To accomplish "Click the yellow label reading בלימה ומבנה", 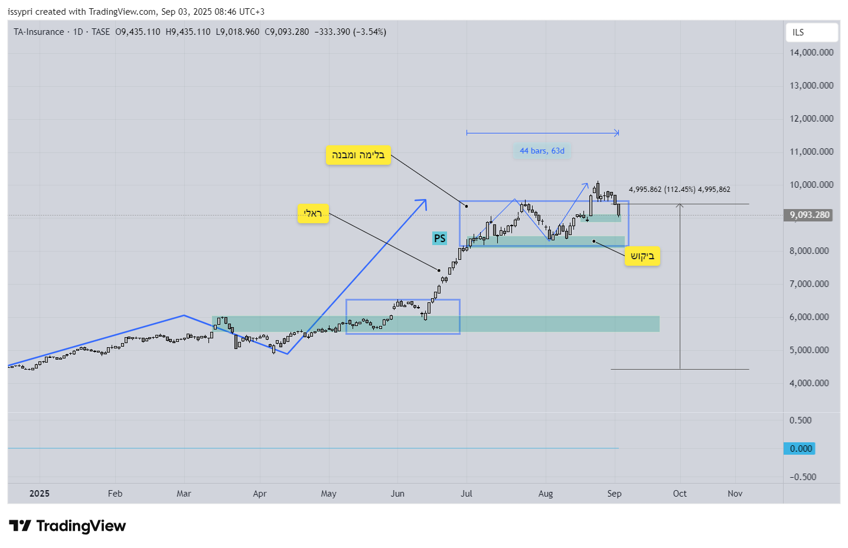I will click(358, 155).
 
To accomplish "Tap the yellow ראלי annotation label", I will click(312, 213).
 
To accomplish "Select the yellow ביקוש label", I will click(642, 256).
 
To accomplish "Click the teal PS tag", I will click(439, 239).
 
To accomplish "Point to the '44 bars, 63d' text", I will click(542, 151).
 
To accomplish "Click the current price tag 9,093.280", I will click(810, 215).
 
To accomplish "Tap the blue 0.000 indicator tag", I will click(800, 449).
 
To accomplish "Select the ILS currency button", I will click(811, 32).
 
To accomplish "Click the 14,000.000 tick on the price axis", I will click(811, 53).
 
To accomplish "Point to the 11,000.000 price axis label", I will click(811, 152).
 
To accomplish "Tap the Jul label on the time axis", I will click(467, 494).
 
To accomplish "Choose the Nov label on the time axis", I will click(735, 494).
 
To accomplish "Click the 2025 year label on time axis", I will click(40, 494).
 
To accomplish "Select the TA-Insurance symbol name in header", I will click(39, 32).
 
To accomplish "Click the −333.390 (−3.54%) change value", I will click(350, 32).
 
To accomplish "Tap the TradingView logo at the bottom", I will click(67, 526).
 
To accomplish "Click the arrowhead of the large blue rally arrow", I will click(423, 202).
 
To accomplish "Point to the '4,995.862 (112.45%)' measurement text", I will click(661, 190).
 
